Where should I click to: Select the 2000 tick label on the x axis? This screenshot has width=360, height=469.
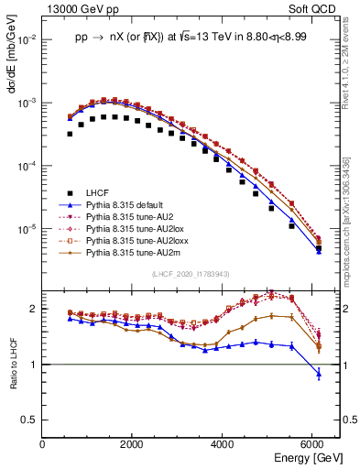(x=133, y=444)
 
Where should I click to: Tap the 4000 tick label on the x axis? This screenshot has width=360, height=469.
(x=223, y=444)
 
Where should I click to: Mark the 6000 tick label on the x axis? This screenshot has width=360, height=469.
(x=312, y=444)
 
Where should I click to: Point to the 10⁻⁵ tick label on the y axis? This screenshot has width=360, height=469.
(x=27, y=228)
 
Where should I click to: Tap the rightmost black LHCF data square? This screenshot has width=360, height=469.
(x=318, y=248)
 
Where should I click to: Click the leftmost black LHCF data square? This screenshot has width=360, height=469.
(x=70, y=134)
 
